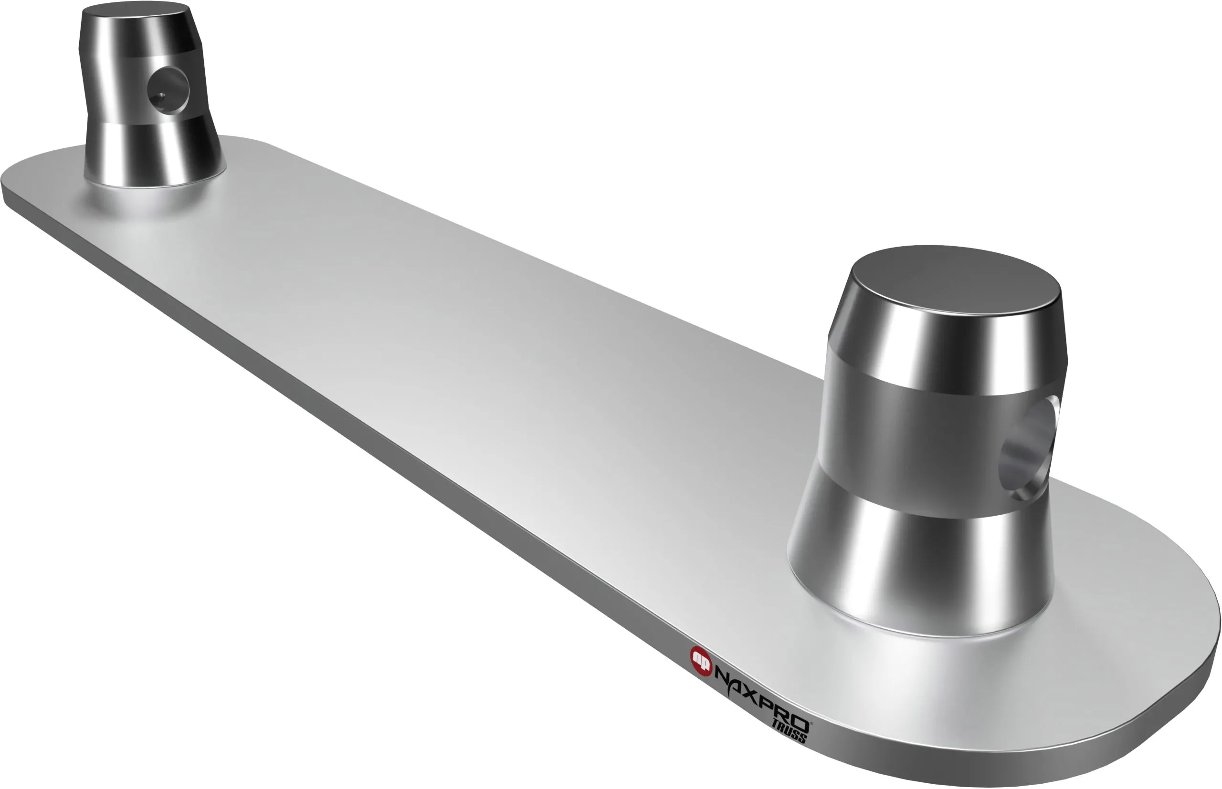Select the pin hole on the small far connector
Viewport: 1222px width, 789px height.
tap(168, 91)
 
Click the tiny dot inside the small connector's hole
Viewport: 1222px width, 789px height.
tap(160, 95)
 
